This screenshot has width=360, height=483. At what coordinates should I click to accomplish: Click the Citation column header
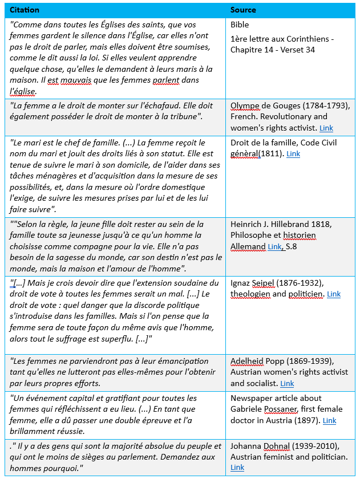pos(26,10)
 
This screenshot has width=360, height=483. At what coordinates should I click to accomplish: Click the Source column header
pos(243,10)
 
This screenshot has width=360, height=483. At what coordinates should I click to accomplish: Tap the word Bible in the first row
pos(240,25)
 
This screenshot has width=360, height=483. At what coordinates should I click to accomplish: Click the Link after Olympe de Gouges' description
pos(326,128)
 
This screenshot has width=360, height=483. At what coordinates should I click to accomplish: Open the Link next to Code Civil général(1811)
pos(293,154)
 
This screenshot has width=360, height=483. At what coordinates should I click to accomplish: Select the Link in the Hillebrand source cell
pos(275,246)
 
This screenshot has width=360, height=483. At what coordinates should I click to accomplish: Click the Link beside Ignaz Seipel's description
pos(334,294)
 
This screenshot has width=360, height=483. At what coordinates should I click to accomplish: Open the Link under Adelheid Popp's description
pos(287,383)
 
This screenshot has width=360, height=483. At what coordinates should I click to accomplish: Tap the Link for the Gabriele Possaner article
pos(329,421)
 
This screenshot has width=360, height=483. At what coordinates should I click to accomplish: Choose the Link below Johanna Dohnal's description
pos(237,468)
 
